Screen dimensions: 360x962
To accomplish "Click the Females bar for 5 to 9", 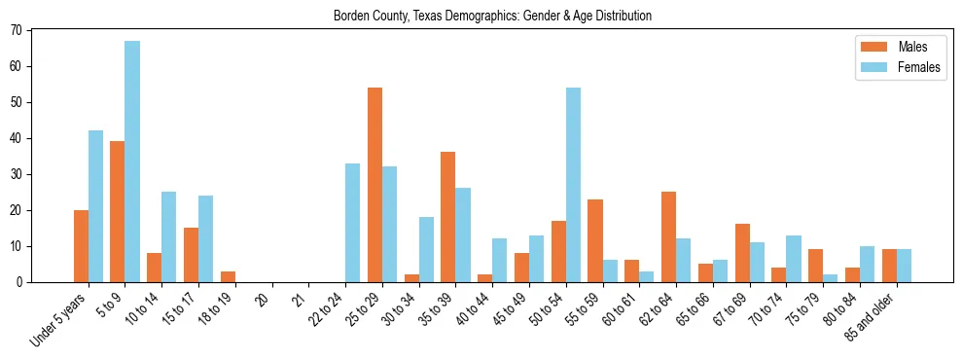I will [132, 162].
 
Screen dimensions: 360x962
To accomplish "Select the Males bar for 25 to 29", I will [374, 185].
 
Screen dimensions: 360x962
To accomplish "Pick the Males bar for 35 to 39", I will [447, 217].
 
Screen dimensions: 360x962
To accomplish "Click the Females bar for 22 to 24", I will [352, 223].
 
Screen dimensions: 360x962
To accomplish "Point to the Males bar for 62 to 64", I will [668, 236].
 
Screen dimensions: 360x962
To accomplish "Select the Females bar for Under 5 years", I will [95, 206].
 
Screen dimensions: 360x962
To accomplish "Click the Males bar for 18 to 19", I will [228, 276].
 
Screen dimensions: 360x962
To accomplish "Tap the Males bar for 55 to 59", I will [595, 240].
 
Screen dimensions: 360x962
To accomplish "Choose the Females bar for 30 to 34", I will [426, 249].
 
